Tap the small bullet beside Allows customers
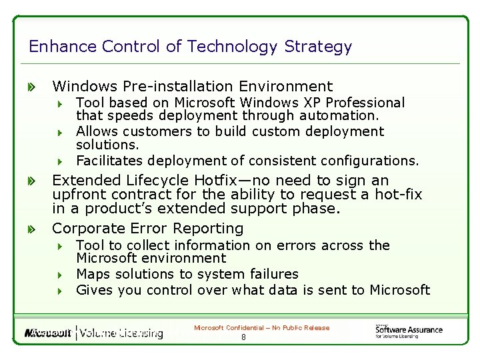[59, 132]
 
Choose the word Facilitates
[110, 161]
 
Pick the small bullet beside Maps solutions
[59, 275]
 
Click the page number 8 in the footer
[243, 337]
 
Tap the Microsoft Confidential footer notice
[261, 327]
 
